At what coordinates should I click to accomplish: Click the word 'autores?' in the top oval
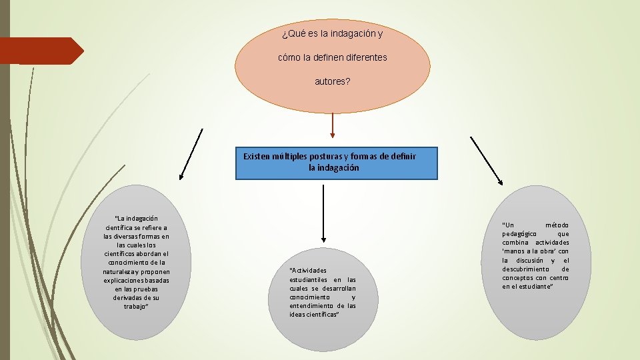332,81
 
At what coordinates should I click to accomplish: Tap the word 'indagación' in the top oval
349,33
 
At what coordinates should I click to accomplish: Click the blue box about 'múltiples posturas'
337,163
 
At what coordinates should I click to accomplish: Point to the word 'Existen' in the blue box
257,156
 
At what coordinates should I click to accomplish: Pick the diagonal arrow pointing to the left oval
191,155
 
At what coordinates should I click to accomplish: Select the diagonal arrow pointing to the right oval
486,160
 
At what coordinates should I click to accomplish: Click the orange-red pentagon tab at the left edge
40,51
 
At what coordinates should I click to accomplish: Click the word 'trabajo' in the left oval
135,306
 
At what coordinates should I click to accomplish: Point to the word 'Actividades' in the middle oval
308,270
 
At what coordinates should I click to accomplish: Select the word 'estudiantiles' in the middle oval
309,279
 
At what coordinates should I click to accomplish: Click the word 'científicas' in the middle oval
323,314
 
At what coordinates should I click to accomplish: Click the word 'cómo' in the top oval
289,57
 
